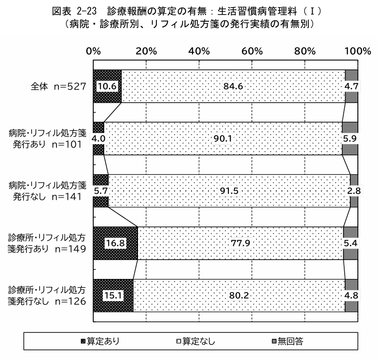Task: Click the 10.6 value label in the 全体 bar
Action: (107, 86)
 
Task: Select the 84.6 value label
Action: (233, 86)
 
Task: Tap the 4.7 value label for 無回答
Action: (351, 86)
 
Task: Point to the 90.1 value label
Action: (223, 139)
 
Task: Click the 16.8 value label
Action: (115, 243)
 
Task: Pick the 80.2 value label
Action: (239, 295)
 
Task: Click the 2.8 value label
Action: (354, 191)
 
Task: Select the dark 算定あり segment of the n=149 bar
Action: (115, 243)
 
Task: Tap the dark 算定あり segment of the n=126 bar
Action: (113, 295)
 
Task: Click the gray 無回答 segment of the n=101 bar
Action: (350, 139)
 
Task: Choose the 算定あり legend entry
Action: (100, 341)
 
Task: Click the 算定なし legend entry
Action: (196, 341)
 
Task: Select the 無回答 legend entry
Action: (288, 341)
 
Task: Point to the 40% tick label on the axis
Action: (199, 51)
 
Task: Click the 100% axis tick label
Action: (358, 51)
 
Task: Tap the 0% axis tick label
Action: (94, 51)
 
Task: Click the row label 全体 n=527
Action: (58, 86)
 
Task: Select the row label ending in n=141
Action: (48, 191)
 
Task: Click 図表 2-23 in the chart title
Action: (74, 11)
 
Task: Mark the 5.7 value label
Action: (101, 191)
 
